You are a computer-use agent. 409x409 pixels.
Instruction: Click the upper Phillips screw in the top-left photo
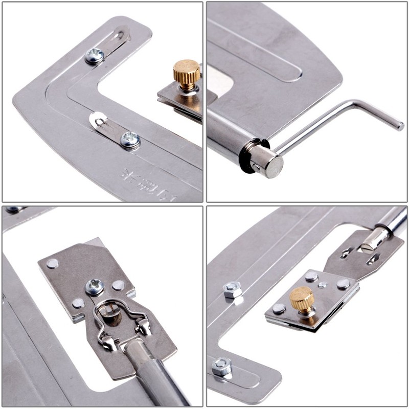pyautogui.click(x=95, y=55)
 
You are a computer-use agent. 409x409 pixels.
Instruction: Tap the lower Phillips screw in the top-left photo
pyautogui.click(x=130, y=139)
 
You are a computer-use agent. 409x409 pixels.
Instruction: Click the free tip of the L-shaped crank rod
pyautogui.click(x=398, y=125)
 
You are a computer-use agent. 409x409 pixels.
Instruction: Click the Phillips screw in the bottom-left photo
pyautogui.click(x=95, y=287)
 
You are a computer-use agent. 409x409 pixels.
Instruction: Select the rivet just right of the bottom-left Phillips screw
pyautogui.click(x=119, y=285)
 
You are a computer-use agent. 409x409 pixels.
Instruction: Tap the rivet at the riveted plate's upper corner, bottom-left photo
pyautogui.click(x=53, y=263)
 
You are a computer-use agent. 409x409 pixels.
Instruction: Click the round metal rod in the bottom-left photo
pyautogui.click(x=153, y=373)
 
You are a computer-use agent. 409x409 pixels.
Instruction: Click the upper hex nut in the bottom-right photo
pyautogui.click(x=233, y=290)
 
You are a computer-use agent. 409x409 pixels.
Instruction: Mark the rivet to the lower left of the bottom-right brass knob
pyautogui.click(x=279, y=308)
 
